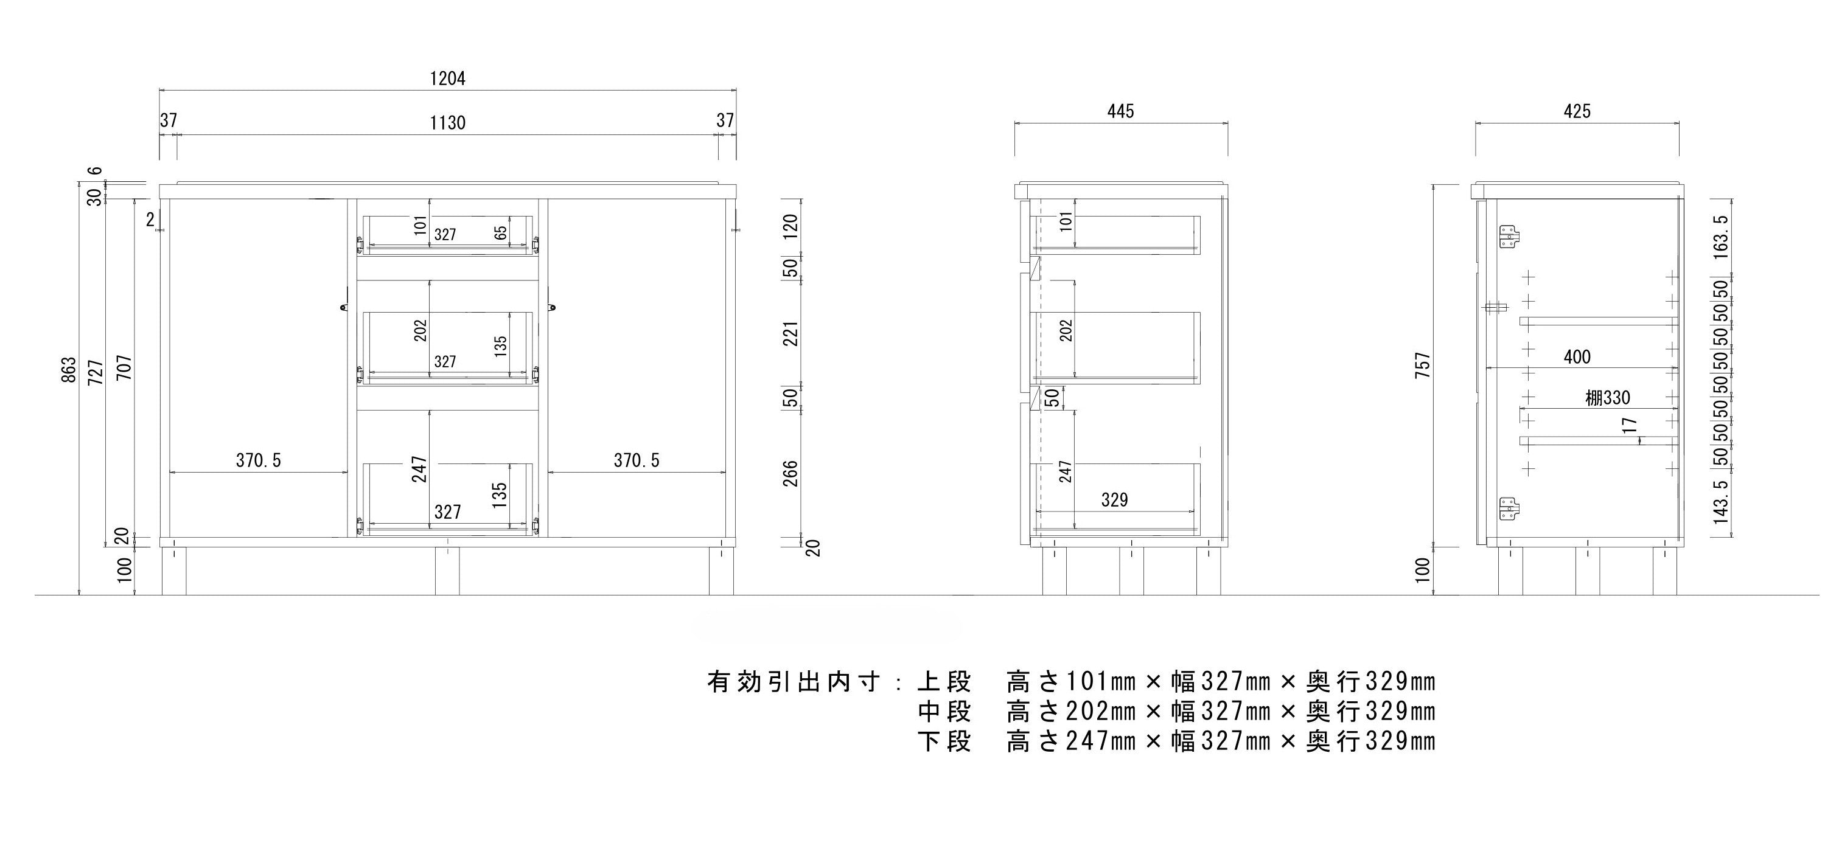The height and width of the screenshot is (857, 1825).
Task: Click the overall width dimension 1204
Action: point(448,78)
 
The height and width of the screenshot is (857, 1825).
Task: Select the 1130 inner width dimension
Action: point(448,123)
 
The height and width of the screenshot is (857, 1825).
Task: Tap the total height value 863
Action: point(69,370)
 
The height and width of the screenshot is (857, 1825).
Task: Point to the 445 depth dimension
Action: point(1121,111)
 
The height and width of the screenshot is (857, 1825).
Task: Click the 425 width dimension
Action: point(1577,111)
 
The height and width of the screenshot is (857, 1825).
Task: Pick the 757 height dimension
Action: point(1423,366)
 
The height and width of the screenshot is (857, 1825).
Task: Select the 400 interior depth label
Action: point(1577,357)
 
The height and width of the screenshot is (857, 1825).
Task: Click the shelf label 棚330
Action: point(1608,398)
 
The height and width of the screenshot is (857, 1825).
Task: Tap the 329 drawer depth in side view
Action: point(1114,500)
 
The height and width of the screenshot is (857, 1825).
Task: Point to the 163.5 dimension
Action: point(1722,237)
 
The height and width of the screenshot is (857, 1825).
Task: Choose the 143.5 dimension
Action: point(1722,501)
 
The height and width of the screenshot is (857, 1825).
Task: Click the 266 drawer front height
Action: point(790,474)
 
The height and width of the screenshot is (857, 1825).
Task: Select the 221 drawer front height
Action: point(790,333)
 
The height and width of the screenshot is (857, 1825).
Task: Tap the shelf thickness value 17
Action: point(1630,426)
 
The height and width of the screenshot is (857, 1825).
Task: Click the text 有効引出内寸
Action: point(794,682)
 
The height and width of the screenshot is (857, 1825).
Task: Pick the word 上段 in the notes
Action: point(944,682)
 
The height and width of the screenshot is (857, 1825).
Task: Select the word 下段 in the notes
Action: point(944,741)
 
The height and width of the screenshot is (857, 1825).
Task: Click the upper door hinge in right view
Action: point(1510,237)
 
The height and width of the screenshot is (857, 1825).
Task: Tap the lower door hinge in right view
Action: point(1510,509)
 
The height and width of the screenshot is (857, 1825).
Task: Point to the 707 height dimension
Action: point(125,367)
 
